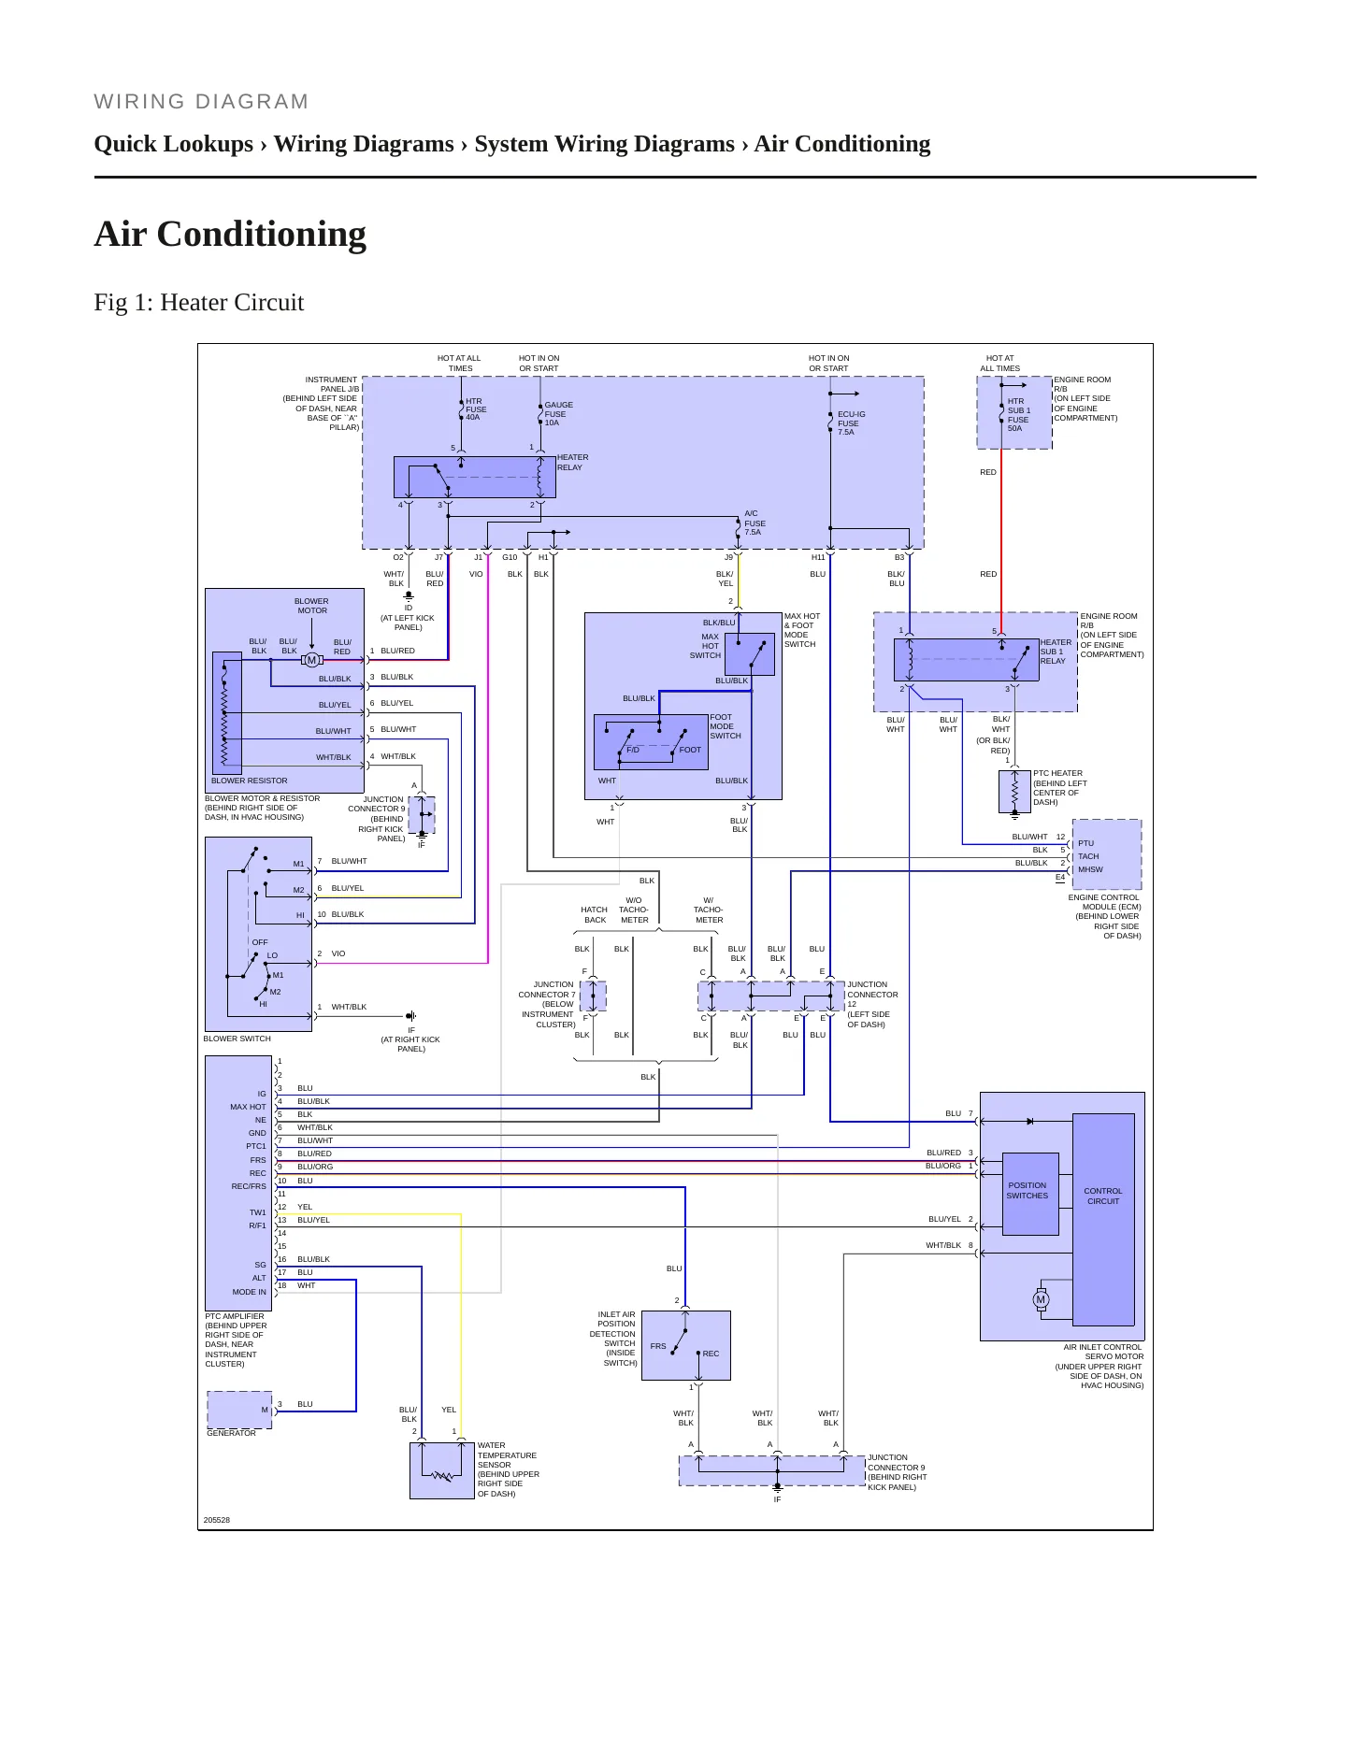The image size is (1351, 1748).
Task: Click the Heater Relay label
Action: [x=572, y=463]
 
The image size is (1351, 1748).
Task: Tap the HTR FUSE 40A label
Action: [x=476, y=409]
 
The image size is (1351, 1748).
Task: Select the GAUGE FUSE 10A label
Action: [x=558, y=414]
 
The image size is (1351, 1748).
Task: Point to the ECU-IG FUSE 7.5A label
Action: [x=851, y=423]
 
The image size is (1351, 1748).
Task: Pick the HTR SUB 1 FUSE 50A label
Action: [x=1018, y=415]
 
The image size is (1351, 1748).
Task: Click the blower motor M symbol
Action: [x=311, y=660]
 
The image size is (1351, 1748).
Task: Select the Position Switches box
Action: [x=1030, y=1194]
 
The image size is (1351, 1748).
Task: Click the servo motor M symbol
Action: [x=1041, y=1299]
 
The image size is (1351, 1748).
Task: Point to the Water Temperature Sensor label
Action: [x=508, y=1469]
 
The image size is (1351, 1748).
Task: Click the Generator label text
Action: [x=231, y=1433]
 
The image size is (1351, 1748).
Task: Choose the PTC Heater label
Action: [x=1060, y=788]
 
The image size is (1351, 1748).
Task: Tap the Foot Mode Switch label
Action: [x=725, y=726]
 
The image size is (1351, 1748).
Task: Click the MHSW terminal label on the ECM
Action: [x=1090, y=869]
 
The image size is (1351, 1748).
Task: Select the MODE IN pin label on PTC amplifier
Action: [x=249, y=1292]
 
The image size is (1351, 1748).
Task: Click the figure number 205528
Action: [x=217, y=1520]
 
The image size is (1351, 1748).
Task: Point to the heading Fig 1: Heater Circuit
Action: [x=199, y=302]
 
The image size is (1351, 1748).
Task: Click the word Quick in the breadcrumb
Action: [x=127, y=144]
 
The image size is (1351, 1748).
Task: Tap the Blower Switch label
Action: [x=237, y=1039]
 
